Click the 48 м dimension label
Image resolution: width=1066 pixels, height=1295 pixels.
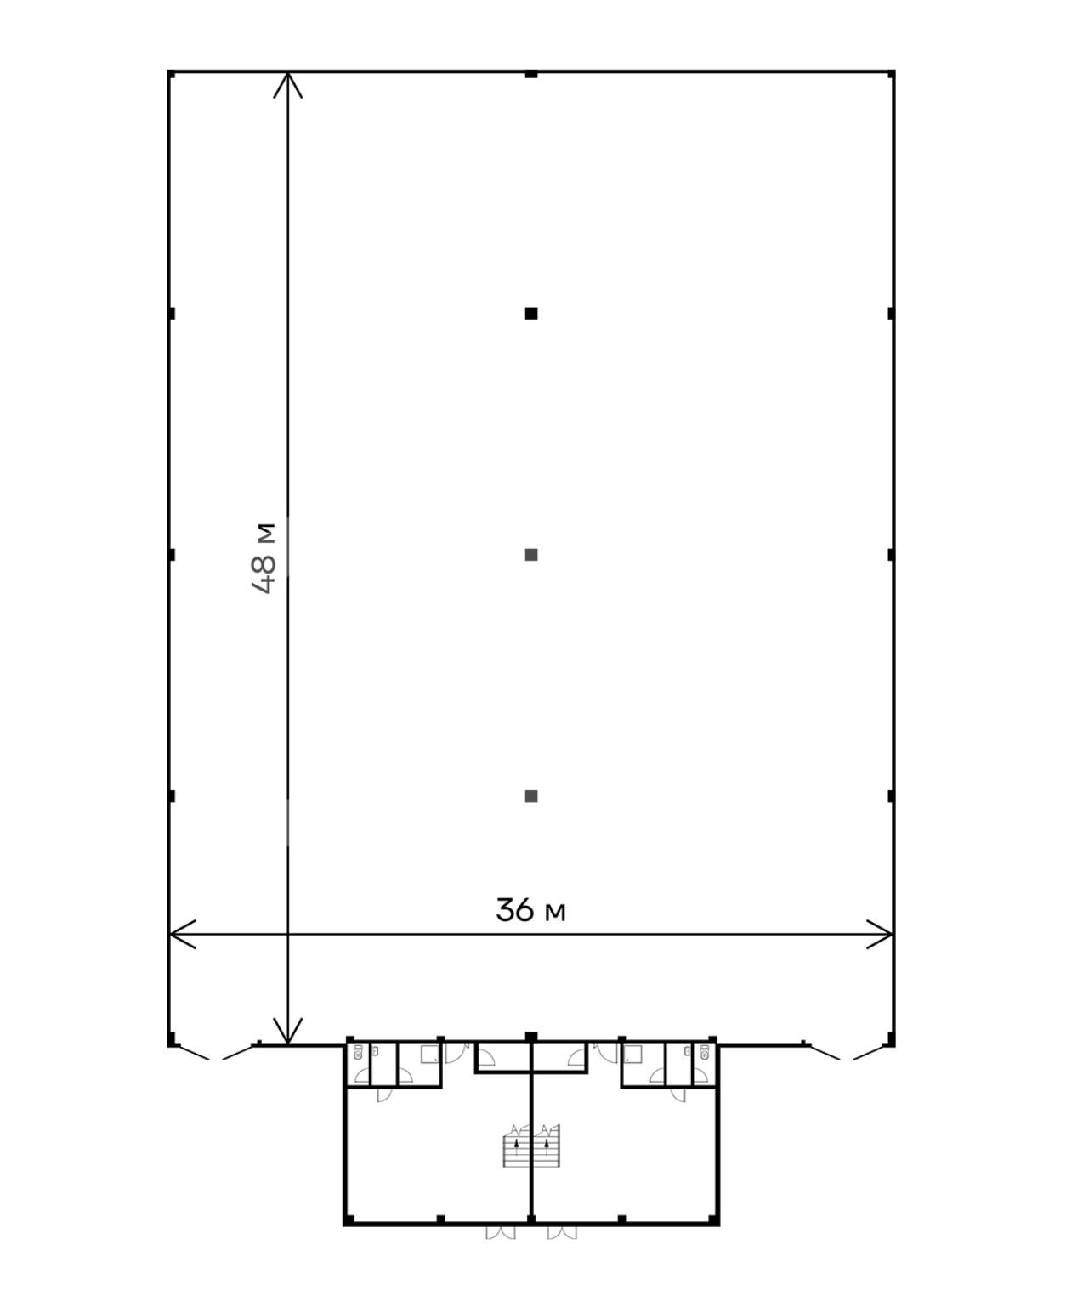264,558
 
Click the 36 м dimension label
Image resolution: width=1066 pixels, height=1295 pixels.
530,909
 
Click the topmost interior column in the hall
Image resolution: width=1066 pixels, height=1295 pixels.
531,314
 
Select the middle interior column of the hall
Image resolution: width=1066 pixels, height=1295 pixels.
531,555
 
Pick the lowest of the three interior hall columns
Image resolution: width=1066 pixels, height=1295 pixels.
531,796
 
